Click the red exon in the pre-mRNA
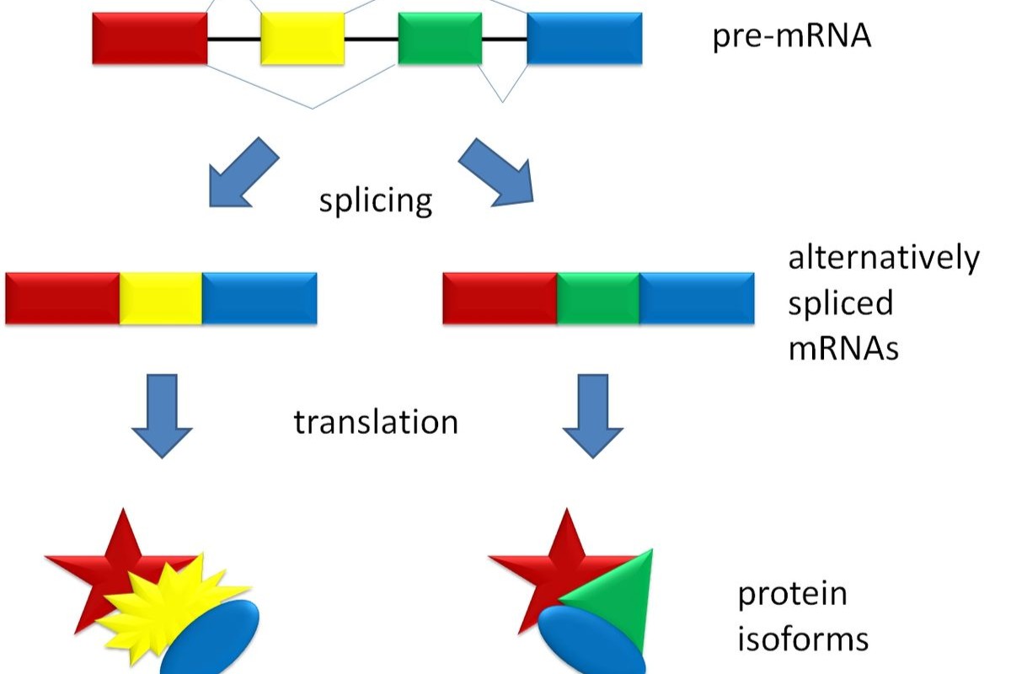[x=150, y=38]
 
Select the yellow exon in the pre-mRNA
[x=302, y=38]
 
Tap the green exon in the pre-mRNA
[x=440, y=39]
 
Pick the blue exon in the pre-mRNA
[x=585, y=39]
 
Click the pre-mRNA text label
[x=791, y=38]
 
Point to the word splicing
[x=376, y=201]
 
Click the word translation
[x=376, y=421]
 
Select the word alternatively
[x=884, y=257]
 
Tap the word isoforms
[x=803, y=638]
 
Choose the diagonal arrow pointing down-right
[x=498, y=171]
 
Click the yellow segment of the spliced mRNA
[x=161, y=298]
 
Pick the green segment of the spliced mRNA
[x=598, y=298]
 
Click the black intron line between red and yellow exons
[x=233, y=39]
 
